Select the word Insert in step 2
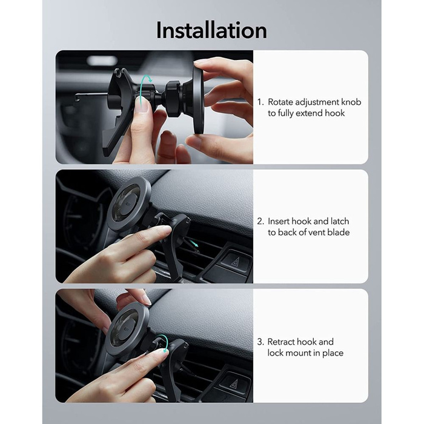click(280, 222)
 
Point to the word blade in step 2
click(337, 233)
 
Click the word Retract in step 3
click(283, 342)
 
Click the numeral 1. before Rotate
click(260, 102)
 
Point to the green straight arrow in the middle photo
click(193, 243)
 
